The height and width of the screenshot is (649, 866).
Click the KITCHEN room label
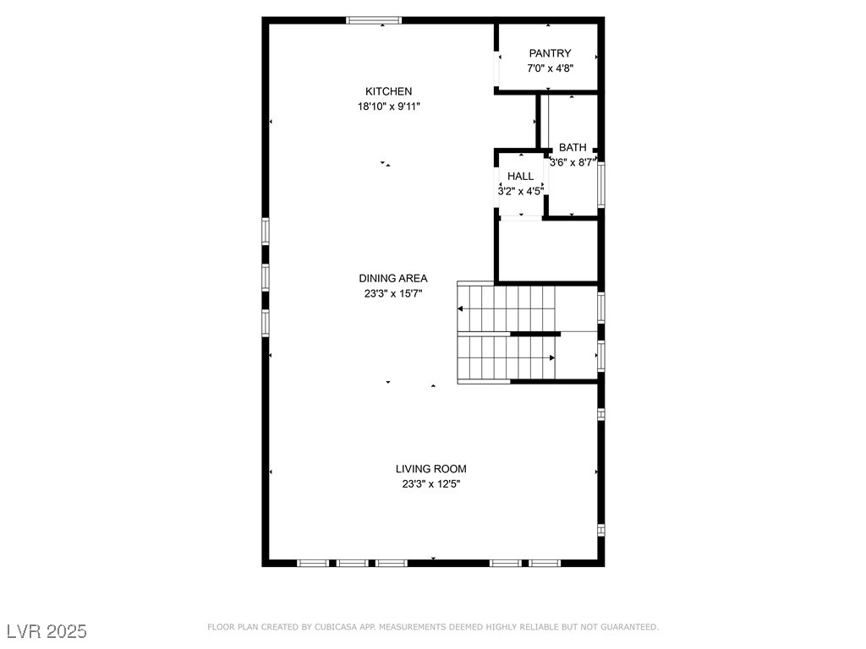point(388,91)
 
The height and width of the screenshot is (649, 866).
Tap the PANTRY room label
point(550,53)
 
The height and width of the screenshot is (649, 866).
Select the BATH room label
point(573,148)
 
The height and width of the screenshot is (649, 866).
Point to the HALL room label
point(520,177)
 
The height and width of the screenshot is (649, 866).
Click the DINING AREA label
point(392,279)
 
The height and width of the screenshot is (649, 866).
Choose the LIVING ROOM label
point(430,469)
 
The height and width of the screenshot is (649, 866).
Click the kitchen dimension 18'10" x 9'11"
point(388,106)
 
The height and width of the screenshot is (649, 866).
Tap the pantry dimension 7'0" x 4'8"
point(550,68)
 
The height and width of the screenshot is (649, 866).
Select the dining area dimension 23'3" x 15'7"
point(392,293)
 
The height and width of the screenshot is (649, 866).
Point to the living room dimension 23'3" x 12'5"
point(430,484)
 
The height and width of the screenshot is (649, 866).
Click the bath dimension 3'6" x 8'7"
point(573,163)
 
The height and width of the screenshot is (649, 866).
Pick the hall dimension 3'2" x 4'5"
point(520,192)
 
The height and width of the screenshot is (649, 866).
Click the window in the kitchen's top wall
point(374,20)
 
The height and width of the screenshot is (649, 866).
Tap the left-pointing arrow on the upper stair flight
point(460,308)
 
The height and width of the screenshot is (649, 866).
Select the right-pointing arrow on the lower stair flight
point(551,358)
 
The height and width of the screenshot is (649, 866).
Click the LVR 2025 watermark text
point(47,631)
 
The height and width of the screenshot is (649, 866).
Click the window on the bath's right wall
point(601,184)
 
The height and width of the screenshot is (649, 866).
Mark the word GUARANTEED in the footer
point(629,627)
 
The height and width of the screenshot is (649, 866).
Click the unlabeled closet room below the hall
point(548,251)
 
